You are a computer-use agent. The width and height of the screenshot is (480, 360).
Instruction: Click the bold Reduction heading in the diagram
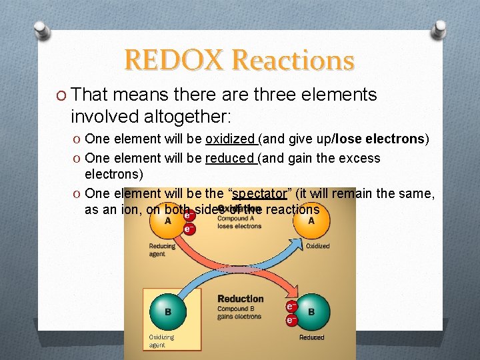coord(241,299)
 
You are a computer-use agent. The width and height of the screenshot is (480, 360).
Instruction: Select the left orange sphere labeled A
coord(167,220)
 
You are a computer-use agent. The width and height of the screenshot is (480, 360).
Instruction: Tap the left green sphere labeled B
coord(167,311)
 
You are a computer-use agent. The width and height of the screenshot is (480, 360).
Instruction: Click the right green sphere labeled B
coord(311,311)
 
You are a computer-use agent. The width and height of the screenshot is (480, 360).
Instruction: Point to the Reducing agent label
coord(162,249)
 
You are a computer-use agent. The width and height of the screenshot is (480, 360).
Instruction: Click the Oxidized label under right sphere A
coord(317,245)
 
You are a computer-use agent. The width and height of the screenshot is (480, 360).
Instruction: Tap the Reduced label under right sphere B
coord(311,337)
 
